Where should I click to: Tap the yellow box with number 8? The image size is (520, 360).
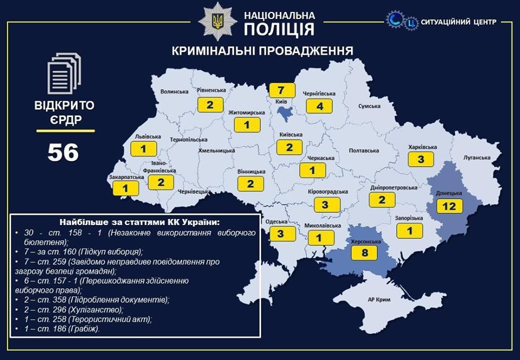[365, 253]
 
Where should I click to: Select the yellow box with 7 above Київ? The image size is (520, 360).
[281, 90]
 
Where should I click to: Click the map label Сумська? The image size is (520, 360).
[370, 106]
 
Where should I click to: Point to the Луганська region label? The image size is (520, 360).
[477, 158]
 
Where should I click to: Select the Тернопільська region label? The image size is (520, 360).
[185, 139]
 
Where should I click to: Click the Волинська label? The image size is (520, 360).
[174, 92]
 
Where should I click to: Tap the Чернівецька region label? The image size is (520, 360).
[194, 191]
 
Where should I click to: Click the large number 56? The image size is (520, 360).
[63, 153]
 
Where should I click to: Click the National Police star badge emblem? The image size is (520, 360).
[217, 22]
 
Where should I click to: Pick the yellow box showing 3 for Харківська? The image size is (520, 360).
[420, 159]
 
